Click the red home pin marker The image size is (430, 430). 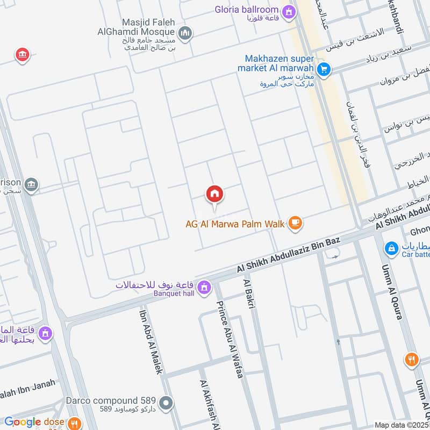click(x=214, y=195)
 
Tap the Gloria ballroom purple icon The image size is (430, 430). click(x=290, y=11)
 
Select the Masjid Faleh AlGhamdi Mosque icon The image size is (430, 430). click(x=185, y=34)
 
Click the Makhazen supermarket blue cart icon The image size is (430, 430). click(x=323, y=69)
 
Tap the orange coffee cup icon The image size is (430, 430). click(x=295, y=223)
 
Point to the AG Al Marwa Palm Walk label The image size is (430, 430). click(x=234, y=224)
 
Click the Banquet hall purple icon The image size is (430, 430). click(x=204, y=288)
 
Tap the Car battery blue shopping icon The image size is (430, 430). click(x=391, y=248)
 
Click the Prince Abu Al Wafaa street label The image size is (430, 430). click(x=230, y=339)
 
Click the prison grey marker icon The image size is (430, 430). click(x=32, y=184)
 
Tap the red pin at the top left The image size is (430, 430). click(x=22, y=54)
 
